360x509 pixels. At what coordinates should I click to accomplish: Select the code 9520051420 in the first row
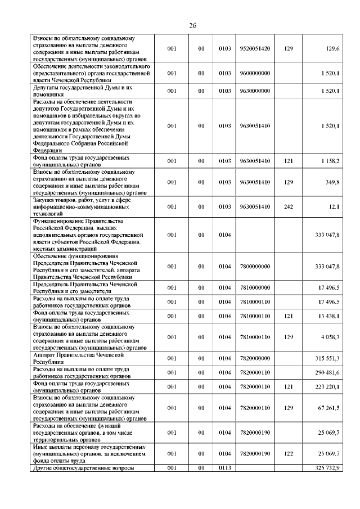(255, 49)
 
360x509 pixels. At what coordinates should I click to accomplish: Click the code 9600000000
(255, 74)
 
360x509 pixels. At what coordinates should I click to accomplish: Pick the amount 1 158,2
(330, 161)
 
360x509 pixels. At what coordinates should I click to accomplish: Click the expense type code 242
(289, 207)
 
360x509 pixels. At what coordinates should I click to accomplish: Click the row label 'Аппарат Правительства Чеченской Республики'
(79, 358)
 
